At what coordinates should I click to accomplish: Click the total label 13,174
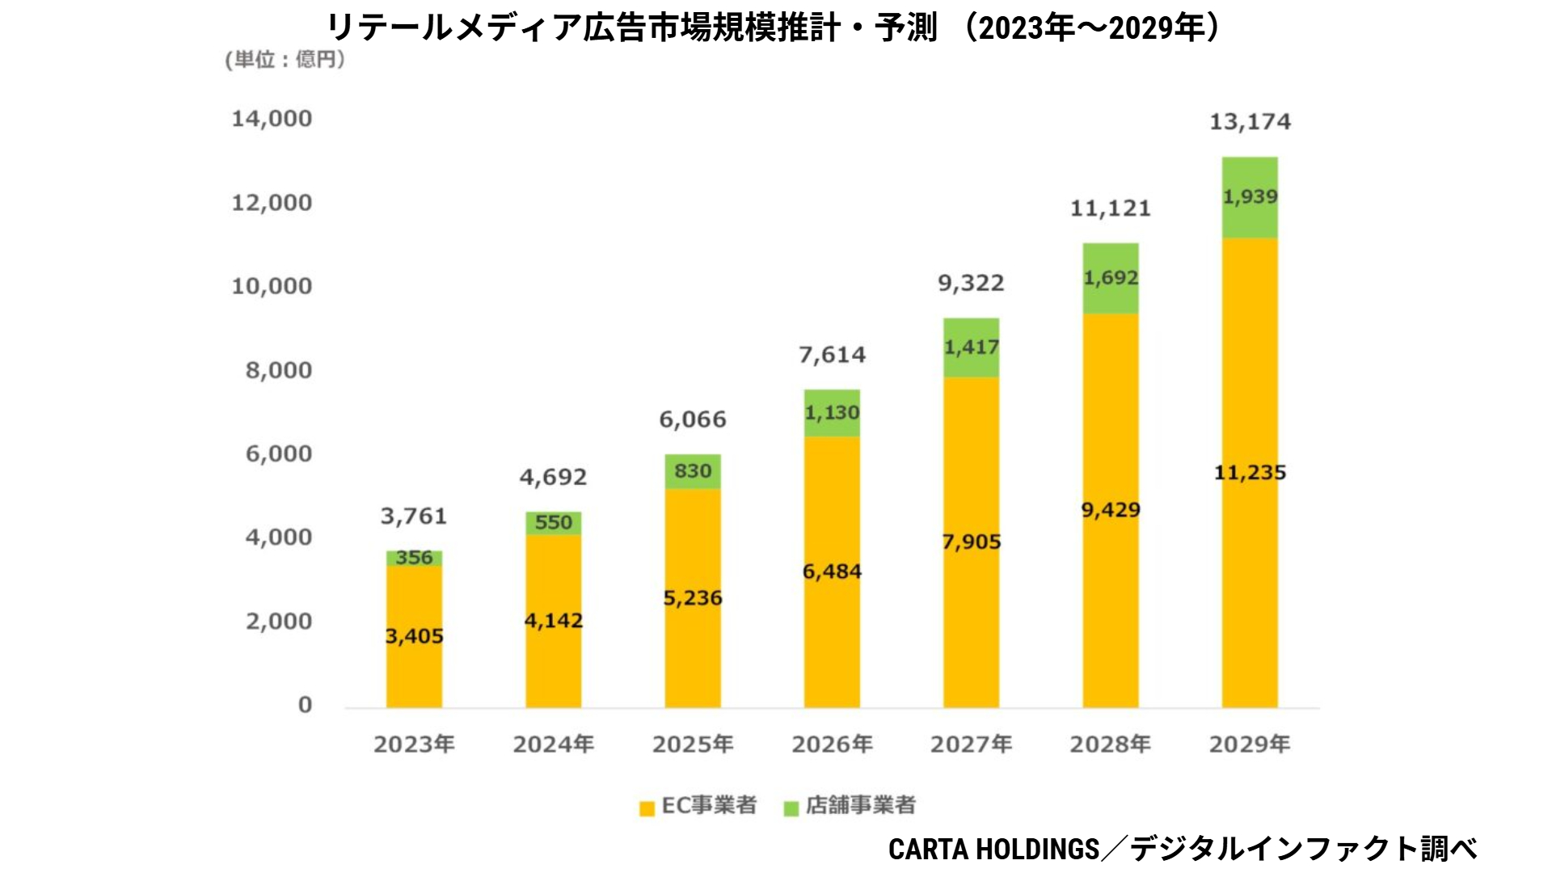click(x=1250, y=122)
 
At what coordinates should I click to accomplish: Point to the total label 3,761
click(x=414, y=516)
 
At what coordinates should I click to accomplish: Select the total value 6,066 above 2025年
click(x=693, y=420)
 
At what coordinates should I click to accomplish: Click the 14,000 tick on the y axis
click(x=272, y=119)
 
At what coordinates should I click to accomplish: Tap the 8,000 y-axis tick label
click(x=279, y=370)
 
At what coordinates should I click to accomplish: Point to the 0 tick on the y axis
click(x=305, y=705)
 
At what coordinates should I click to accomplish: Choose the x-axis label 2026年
click(x=832, y=744)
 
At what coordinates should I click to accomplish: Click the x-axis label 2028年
click(x=1110, y=744)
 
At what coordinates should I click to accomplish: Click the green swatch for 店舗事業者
click(x=791, y=808)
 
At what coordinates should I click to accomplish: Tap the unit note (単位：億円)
click(x=285, y=60)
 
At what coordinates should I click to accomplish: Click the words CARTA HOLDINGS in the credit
click(x=993, y=849)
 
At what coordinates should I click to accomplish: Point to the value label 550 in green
click(x=553, y=522)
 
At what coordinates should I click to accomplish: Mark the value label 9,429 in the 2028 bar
click(x=1111, y=510)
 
